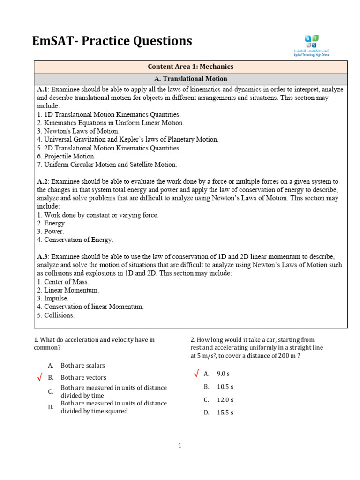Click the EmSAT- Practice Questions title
coord(112,41)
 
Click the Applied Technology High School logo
coord(311,45)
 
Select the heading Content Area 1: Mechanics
coord(190,67)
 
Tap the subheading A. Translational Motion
coord(190,79)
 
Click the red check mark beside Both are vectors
coord(40,377)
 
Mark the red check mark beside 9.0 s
coord(196,374)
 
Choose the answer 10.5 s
coord(225,387)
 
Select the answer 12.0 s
coord(225,400)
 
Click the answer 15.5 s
coord(225,412)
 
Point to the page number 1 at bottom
coord(180,446)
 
